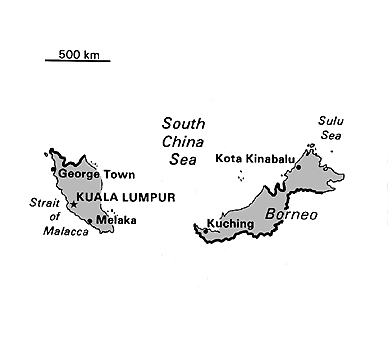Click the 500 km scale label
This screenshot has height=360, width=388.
click(x=77, y=52)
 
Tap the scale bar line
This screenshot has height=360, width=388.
click(x=77, y=61)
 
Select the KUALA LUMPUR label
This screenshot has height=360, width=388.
click(x=125, y=198)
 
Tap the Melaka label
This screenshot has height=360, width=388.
click(x=115, y=220)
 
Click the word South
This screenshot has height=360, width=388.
click(x=184, y=124)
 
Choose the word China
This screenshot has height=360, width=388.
click(x=184, y=141)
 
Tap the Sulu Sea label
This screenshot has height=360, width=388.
click(x=330, y=127)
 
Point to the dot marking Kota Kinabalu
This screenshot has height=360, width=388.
click(x=297, y=166)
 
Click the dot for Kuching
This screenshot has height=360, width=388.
click(x=204, y=233)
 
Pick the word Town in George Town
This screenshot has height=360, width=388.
click(x=118, y=174)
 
